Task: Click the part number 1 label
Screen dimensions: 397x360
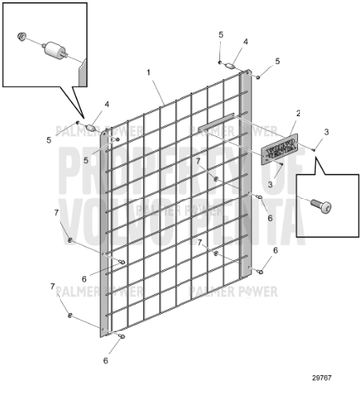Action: tap(149, 73)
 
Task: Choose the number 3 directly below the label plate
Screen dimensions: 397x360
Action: tap(269, 184)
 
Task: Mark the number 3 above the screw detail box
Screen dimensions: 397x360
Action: tap(326, 132)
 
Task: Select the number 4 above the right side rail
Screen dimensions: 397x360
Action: tap(246, 42)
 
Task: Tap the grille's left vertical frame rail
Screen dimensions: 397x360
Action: tap(103, 238)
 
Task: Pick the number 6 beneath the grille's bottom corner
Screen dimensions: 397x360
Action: tap(105, 361)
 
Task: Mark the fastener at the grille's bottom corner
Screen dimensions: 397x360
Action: tap(119, 337)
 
